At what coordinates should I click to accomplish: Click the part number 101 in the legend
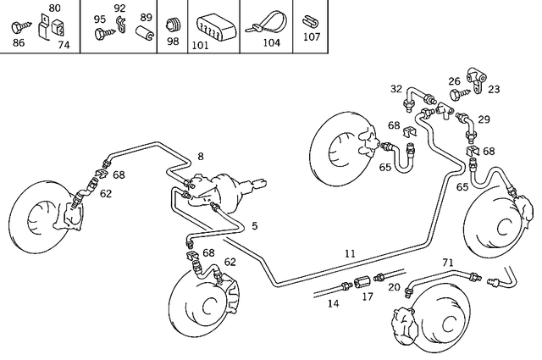(201, 45)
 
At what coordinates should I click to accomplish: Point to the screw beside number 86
(18, 28)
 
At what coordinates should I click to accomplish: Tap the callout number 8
(201, 156)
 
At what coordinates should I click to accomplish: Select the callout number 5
(254, 225)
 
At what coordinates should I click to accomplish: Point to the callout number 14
(334, 302)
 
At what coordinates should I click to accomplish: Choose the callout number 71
(448, 263)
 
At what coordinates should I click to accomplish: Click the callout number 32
(396, 89)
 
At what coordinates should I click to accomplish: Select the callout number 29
(484, 119)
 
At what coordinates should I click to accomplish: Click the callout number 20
(395, 287)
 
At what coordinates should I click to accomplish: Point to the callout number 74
(64, 46)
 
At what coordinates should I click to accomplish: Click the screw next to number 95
(103, 33)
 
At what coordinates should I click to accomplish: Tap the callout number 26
(454, 81)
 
